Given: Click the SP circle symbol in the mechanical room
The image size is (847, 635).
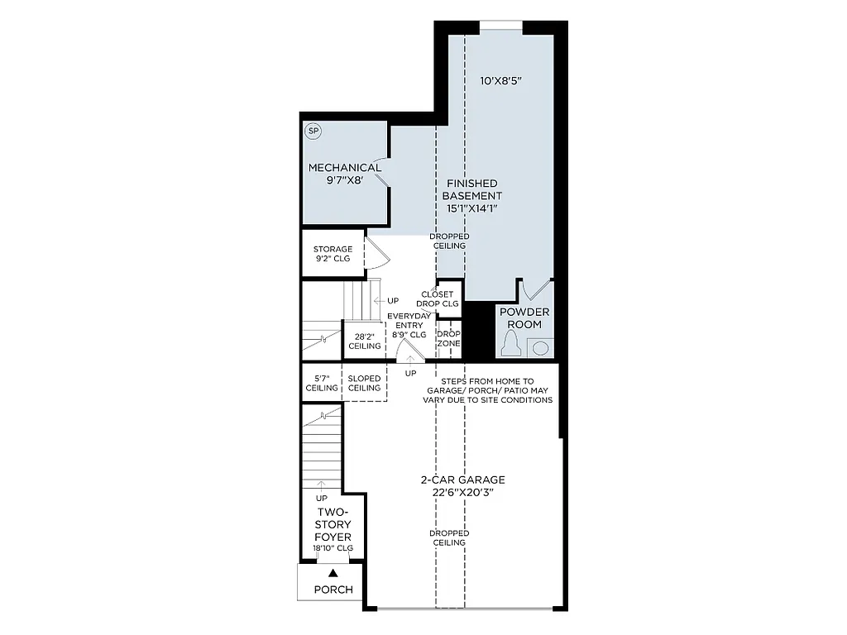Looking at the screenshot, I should click(313, 131).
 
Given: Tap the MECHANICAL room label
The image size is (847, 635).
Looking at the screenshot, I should click(345, 168).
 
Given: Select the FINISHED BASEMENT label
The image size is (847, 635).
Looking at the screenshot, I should click(471, 189).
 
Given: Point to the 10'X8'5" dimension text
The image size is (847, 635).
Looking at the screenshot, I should click(501, 81).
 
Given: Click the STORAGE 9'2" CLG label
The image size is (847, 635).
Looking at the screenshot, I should click(333, 254).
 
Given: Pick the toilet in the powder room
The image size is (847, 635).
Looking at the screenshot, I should click(511, 346).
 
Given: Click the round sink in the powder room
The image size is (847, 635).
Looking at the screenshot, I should click(540, 348).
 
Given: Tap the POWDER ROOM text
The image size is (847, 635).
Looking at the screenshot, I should click(524, 317).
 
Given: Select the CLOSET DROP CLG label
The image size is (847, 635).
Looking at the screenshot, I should click(438, 298).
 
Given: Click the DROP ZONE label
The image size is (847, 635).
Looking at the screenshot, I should click(448, 338).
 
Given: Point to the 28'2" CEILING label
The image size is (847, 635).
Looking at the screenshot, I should click(365, 341).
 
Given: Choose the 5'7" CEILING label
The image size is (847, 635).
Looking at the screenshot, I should click(322, 383).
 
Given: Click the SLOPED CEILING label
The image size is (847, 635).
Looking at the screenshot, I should click(364, 383).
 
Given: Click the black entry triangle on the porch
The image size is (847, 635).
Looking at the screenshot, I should click(333, 571).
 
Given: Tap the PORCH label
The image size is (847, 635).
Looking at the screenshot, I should click(333, 590).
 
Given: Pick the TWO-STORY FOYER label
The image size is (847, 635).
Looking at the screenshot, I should click(333, 524).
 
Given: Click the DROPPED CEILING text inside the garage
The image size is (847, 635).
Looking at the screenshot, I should click(449, 537).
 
